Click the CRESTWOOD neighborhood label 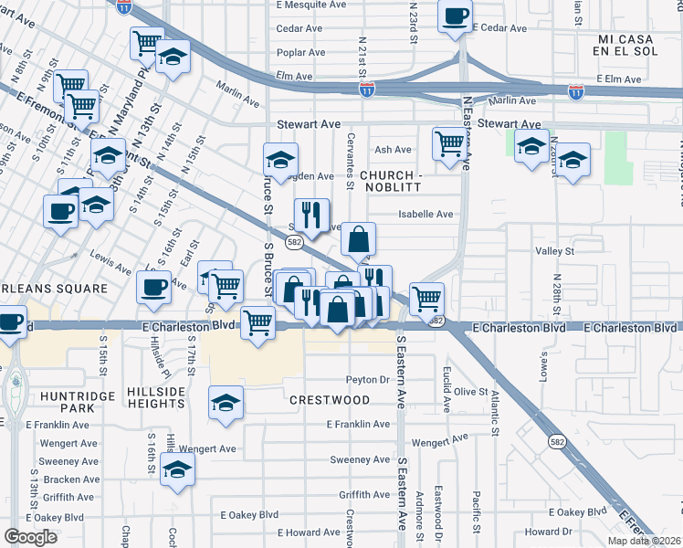[x=330, y=400]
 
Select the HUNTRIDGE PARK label [x=67, y=402]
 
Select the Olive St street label [x=472, y=392]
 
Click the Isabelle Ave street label [x=426, y=215]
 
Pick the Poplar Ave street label [x=300, y=52]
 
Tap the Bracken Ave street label [x=70, y=479]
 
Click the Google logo [x=30, y=537]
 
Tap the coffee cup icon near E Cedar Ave [x=455, y=16]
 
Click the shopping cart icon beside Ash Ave [x=448, y=142]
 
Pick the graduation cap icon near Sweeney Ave [x=178, y=469]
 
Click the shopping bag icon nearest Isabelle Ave [x=359, y=239]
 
